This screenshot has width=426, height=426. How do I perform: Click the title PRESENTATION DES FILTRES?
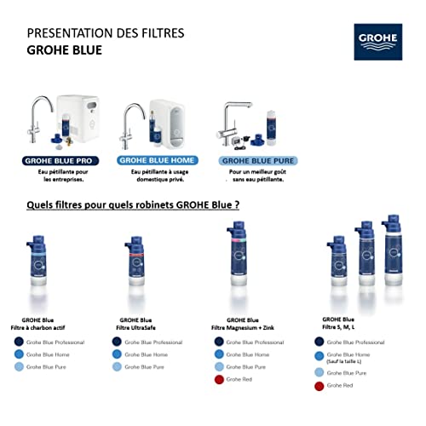click(x=105, y=33)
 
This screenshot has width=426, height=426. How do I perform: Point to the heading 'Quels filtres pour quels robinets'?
click(x=132, y=205)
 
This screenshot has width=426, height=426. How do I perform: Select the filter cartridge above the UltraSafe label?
click(x=134, y=268)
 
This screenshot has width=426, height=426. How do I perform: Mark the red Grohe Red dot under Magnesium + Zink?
click(x=221, y=380)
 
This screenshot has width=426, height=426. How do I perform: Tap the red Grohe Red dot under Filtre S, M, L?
click(x=319, y=386)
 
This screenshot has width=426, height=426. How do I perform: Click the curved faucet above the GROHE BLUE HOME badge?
click(x=135, y=124)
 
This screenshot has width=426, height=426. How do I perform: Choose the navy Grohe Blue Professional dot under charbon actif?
click(x=18, y=342)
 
